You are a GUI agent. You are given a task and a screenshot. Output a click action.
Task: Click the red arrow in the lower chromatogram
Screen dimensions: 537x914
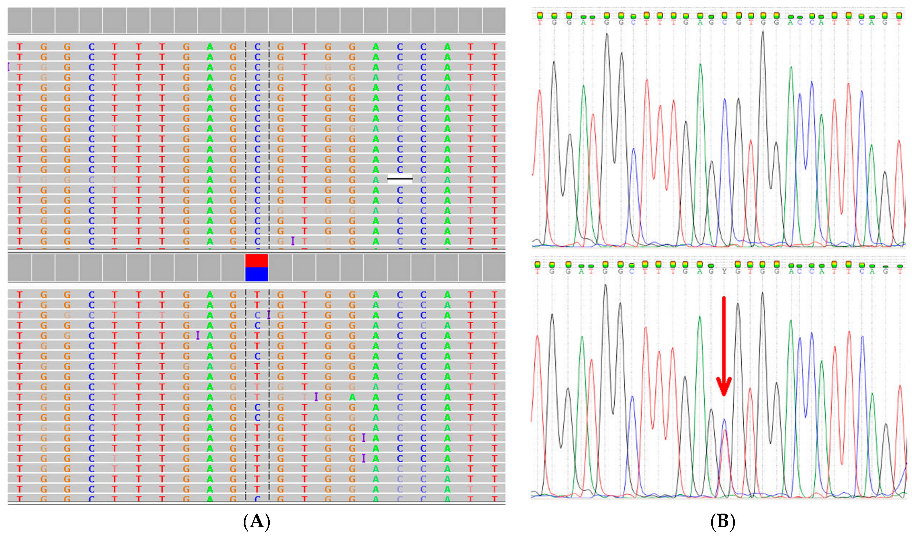tap(724, 348)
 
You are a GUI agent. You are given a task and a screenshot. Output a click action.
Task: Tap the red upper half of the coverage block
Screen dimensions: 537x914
tap(257, 261)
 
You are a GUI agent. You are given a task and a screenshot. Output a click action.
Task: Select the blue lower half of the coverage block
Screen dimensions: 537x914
tap(257, 274)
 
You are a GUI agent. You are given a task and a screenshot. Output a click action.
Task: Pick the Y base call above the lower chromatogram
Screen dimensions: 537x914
tap(724, 271)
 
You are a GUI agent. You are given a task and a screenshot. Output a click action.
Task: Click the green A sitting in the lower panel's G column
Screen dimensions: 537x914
tap(352, 397)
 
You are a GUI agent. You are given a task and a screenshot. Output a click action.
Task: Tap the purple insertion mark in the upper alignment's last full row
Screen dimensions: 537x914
tap(293, 241)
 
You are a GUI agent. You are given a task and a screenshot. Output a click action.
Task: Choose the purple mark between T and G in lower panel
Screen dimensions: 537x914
tap(316, 397)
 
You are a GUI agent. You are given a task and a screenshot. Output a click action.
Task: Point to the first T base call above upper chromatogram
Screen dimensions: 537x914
tap(540, 22)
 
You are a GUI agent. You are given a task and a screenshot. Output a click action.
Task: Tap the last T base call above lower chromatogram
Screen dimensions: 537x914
tap(900, 271)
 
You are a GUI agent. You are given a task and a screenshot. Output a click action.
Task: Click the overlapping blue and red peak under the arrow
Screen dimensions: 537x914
tap(724, 432)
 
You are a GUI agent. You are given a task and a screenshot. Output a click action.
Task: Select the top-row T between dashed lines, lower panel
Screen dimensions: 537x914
tap(257, 295)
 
